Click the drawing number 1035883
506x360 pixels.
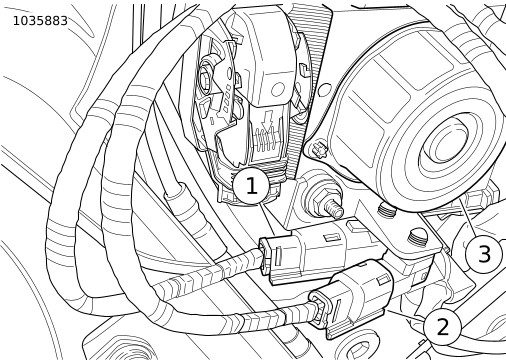[x=40, y=21]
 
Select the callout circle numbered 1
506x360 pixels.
[x=251, y=186]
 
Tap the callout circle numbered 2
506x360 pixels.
[x=442, y=327]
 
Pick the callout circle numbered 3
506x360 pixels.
[x=483, y=254]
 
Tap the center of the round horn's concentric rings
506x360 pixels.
[x=445, y=142]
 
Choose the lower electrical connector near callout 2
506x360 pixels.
[x=352, y=298]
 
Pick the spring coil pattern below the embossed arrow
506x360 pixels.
[x=266, y=141]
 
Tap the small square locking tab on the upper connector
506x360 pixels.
[x=331, y=237]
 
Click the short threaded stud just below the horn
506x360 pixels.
[x=386, y=211]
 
